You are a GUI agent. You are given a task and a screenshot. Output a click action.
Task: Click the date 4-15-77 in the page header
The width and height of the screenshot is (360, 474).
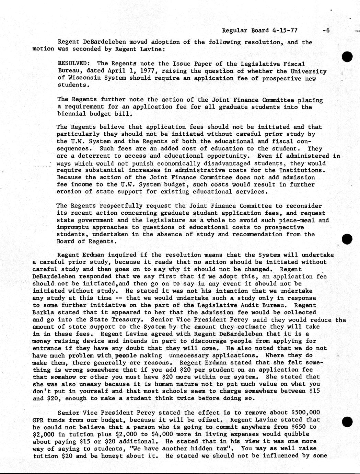[284, 30]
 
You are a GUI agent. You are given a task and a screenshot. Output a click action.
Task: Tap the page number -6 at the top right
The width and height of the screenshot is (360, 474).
[326, 30]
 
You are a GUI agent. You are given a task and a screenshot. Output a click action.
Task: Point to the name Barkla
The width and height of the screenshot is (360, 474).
[43, 313]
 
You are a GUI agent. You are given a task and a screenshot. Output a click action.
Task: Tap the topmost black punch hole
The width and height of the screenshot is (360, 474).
[347, 57]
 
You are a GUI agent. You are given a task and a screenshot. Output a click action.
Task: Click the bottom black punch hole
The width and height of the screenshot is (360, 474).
[347, 422]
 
